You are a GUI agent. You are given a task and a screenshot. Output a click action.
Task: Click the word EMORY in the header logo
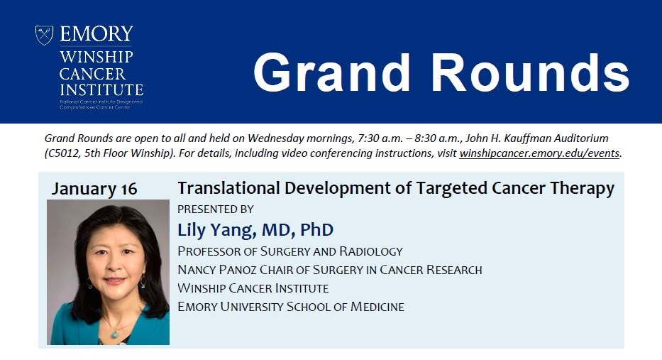tap(96, 34)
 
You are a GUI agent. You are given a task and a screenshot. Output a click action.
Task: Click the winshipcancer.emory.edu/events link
tap(540, 153)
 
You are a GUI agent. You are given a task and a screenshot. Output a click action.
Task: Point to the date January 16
tap(94, 189)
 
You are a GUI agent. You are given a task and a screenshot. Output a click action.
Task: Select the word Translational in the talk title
tap(221, 188)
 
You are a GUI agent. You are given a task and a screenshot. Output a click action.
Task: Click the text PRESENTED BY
tap(215, 209)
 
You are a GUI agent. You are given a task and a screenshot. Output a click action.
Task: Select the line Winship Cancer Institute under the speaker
tap(253, 288)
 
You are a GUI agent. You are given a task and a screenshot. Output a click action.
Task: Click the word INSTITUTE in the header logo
tap(101, 90)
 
